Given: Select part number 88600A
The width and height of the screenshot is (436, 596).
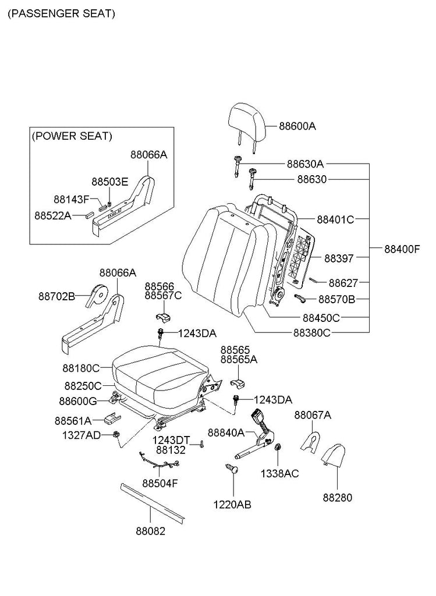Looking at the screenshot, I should (297, 126).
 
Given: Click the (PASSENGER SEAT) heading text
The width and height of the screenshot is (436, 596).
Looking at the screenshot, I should (61, 13).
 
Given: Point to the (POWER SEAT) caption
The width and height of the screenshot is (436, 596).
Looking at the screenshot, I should (72, 136).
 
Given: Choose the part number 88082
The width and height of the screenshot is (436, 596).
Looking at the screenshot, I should (151, 531).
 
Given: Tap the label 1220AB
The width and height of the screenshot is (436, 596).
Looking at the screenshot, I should (232, 505).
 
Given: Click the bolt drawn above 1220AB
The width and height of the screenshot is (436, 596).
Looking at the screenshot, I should (232, 469).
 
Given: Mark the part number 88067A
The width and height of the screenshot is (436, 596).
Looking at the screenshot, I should (313, 415).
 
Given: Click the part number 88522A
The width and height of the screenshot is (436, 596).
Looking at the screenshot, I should (52, 215).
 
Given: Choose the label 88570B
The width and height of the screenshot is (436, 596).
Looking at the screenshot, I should (337, 300).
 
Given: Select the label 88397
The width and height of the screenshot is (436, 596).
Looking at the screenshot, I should (339, 257).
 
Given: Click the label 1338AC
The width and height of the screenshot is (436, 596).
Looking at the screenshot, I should (279, 473).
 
